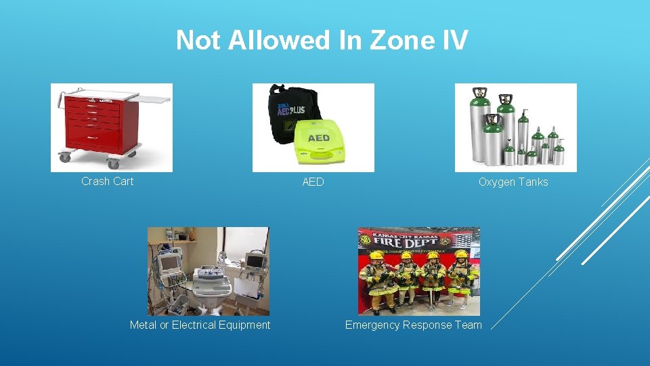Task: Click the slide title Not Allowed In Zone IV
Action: (x=322, y=41)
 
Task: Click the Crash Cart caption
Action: (x=107, y=181)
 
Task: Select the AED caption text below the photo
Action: (x=313, y=182)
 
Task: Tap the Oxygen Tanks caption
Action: (x=513, y=182)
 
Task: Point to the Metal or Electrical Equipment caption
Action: (x=200, y=325)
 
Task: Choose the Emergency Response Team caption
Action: (x=413, y=325)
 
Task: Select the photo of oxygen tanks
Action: (x=515, y=127)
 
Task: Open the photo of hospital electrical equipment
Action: (x=208, y=271)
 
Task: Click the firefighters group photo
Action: (x=418, y=271)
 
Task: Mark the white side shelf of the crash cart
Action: (x=152, y=99)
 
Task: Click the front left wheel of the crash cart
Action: (x=65, y=157)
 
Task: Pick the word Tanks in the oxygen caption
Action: (x=534, y=182)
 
